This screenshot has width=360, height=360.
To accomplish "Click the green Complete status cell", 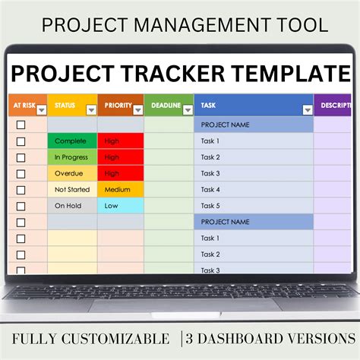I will (71, 141).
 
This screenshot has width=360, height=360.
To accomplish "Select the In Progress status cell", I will (71, 157).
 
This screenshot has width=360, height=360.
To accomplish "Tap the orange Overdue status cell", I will (71, 173).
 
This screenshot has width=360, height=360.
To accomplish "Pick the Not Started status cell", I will (71, 189).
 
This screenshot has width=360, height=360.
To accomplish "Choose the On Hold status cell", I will (71, 205).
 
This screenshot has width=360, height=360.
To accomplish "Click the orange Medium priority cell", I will (120, 189).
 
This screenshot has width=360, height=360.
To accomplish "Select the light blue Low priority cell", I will (120, 205).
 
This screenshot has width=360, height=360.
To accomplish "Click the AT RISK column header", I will (23, 106).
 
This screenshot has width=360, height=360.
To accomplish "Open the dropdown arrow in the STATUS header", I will (91, 109).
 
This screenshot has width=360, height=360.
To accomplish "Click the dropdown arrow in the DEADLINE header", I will (188, 109).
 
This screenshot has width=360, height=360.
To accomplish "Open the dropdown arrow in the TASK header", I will (307, 109).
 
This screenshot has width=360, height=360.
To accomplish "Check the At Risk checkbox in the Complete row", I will (21, 141).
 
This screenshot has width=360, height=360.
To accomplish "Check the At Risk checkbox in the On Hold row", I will (21, 205).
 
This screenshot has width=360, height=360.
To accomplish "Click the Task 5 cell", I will (254, 205).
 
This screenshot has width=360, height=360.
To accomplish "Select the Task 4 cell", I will (254, 189).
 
